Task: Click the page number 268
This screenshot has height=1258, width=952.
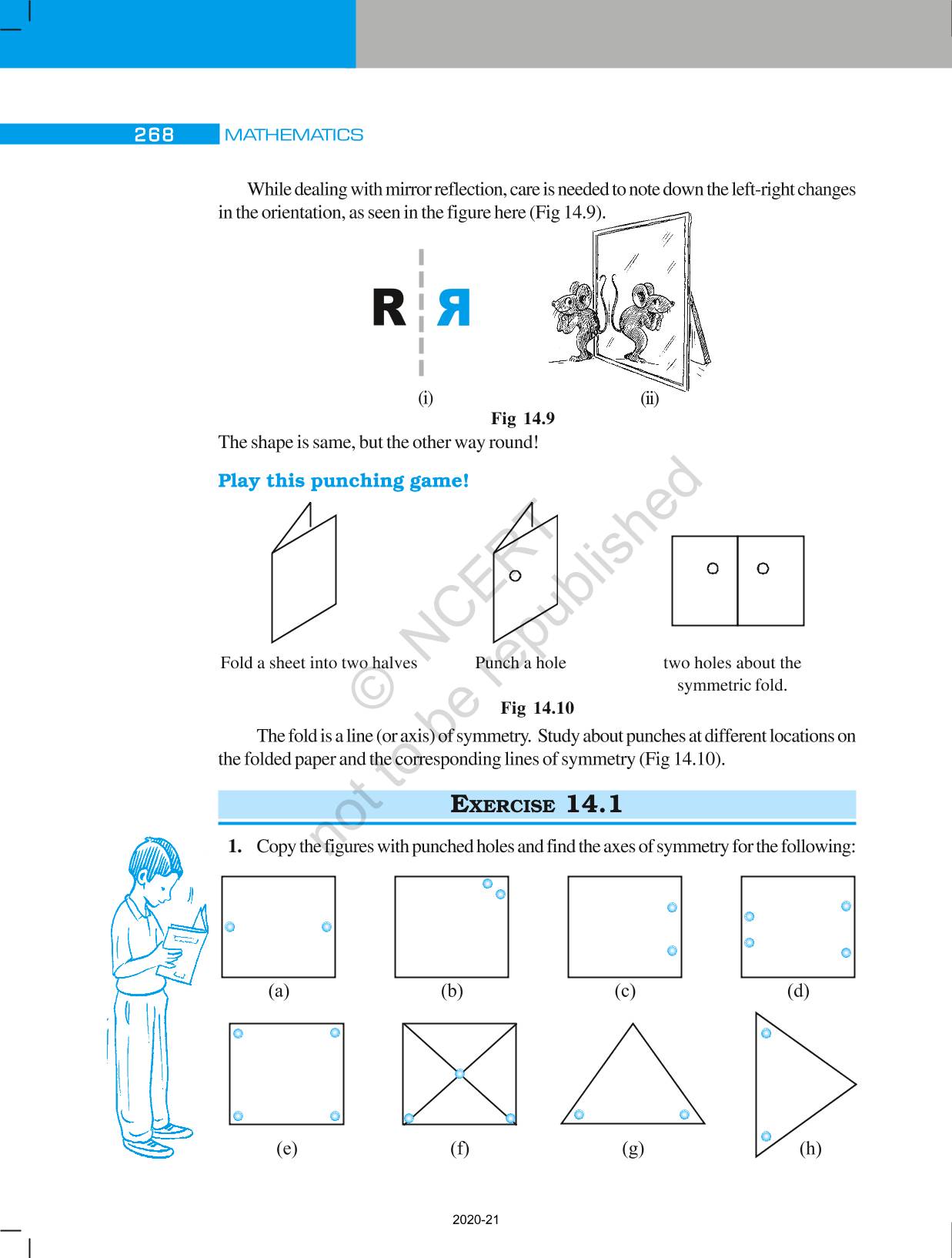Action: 154,135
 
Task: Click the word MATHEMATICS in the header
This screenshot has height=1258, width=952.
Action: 293,135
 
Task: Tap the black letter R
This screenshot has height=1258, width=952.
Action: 389,309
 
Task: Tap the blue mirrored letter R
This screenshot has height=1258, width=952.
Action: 453,309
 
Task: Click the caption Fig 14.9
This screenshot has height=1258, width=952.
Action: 523,419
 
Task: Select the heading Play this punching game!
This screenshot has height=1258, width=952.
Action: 343,481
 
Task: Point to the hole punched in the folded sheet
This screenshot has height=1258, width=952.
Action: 516,575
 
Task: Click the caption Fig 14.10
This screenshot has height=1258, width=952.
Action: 537,708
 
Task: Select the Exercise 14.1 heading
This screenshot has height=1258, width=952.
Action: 536,805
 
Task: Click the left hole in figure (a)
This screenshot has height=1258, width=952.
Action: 229,927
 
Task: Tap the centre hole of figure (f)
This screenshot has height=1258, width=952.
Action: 459,1073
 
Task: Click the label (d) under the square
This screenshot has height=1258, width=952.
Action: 798,991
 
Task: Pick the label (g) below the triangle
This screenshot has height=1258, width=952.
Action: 633,1149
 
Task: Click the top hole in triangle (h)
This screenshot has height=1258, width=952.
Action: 766,1033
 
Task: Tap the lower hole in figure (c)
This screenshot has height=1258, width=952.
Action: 672,951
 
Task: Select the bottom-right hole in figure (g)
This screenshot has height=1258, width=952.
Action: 684,1114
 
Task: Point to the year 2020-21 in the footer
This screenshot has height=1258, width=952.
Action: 476,1220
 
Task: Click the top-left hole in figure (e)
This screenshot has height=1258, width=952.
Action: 238,1033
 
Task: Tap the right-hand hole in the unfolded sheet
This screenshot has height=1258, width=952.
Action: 763,568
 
